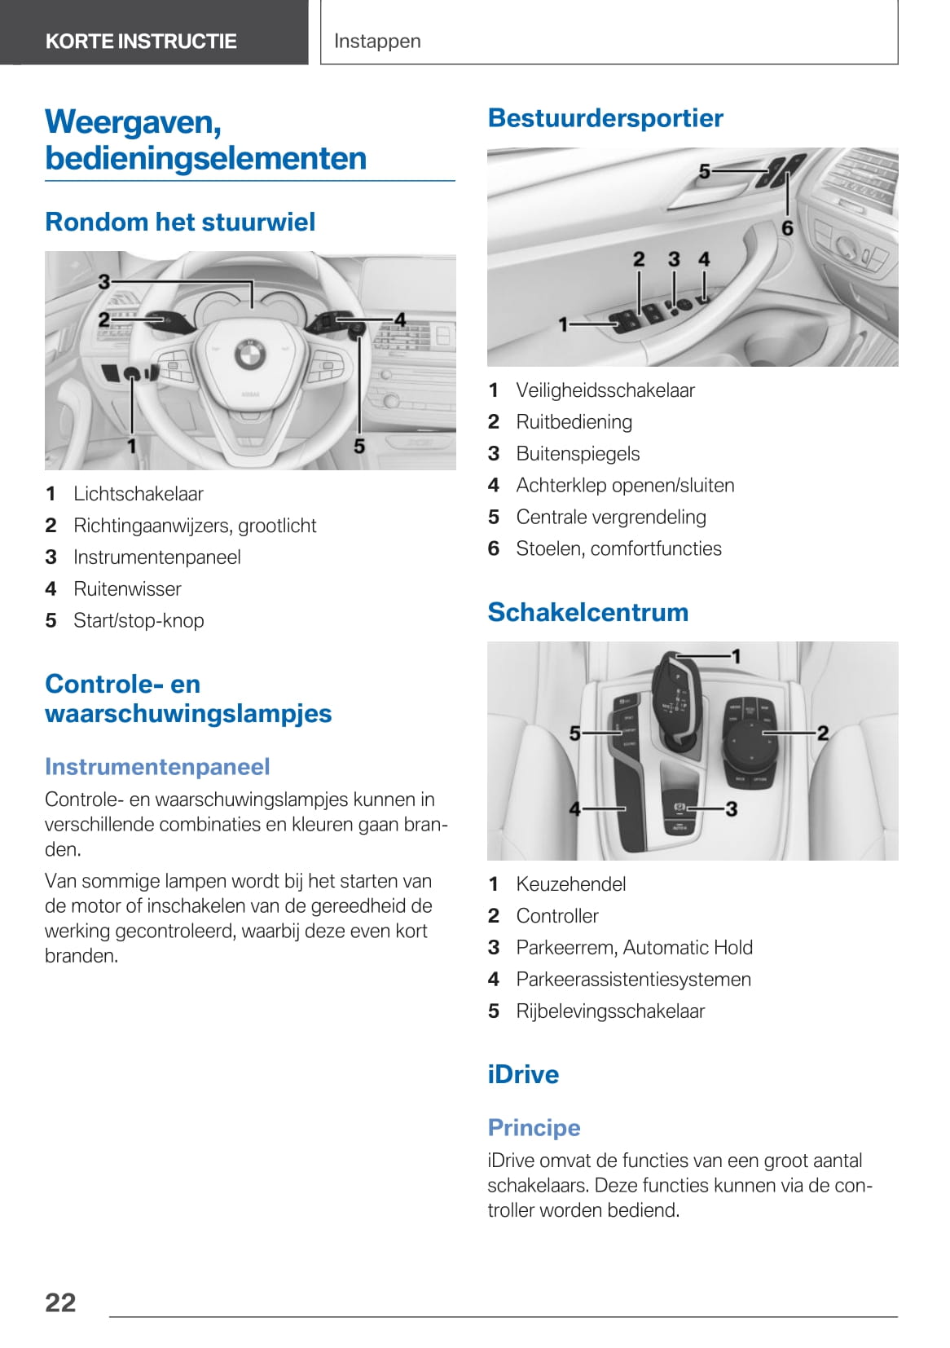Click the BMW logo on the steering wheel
[249, 353]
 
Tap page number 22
[60, 1302]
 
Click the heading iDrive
[523, 1074]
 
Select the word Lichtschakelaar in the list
[139, 494]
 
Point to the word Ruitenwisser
[127, 589]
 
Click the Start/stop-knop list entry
[139, 621]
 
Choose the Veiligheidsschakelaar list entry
[605, 390]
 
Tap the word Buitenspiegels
[578, 454]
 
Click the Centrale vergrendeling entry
[611, 518]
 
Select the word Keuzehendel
[570, 884]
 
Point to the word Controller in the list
[557, 916]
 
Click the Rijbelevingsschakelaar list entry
[610, 1011]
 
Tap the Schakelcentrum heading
[587, 612]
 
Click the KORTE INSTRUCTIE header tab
[141, 41]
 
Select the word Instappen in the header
[377, 41]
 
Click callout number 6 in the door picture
[787, 228]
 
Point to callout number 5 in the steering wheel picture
[359, 446]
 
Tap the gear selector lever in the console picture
[675, 693]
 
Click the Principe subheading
[534, 1128]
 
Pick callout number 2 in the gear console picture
[823, 733]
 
